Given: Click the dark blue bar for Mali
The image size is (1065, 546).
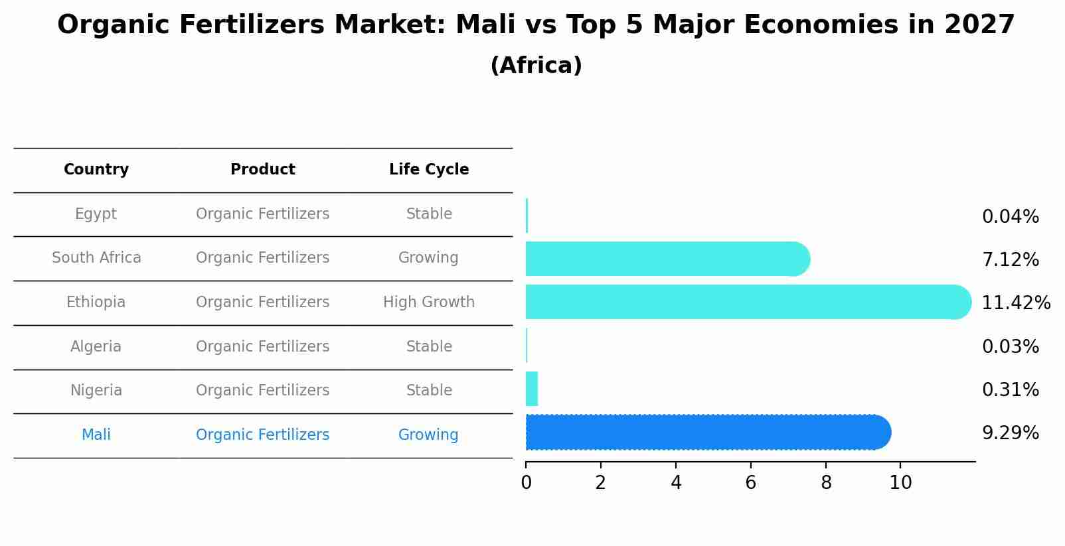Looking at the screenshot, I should [x=707, y=433].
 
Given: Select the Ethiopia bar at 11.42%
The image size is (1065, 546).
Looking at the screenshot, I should [x=747, y=302].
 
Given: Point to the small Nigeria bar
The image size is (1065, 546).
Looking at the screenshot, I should [x=531, y=389].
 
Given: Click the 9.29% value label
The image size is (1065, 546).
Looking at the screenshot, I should [x=1010, y=433].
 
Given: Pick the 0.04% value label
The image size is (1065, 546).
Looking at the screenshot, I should [x=1010, y=217].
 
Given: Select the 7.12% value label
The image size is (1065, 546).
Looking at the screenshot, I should [x=1010, y=260].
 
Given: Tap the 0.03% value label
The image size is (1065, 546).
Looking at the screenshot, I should [x=1010, y=347].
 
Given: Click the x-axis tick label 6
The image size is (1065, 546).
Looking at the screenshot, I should [x=750, y=483].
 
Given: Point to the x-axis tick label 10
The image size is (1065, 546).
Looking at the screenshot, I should [x=900, y=483].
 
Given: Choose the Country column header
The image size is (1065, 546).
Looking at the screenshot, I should [x=96, y=170].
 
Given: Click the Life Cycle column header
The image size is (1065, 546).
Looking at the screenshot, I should [x=429, y=170].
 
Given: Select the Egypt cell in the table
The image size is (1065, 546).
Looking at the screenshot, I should [x=96, y=214].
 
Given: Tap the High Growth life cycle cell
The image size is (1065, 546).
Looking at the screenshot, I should [x=429, y=303].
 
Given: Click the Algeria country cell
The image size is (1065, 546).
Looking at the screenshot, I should [x=96, y=347].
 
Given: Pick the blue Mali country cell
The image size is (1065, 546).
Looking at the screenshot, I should [x=96, y=435].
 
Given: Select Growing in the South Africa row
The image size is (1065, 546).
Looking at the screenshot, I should [x=428, y=258].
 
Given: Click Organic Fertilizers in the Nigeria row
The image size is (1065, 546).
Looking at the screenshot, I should [x=262, y=391].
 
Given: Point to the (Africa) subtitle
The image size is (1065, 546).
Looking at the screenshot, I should [x=536, y=66].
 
